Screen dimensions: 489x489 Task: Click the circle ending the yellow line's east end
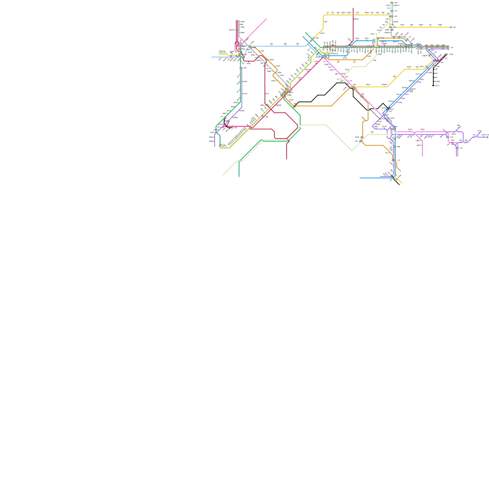click(451, 27)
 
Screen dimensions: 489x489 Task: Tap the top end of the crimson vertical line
click(353, 8)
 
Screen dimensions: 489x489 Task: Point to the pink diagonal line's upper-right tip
click(266, 19)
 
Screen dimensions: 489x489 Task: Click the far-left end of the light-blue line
click(212, 57)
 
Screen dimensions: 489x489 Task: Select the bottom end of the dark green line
click(239, 177)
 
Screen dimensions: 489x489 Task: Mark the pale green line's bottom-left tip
click(222, 175)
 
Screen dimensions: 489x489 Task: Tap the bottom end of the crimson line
click(286, 159)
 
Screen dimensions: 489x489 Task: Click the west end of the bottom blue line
click(360, 178)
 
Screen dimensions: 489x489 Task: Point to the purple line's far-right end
click(488, 137)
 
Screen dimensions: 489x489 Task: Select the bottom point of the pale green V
click(352, 151)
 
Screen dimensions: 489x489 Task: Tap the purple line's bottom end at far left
click(215, 147)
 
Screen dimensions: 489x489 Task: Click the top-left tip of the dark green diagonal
click(305, 32)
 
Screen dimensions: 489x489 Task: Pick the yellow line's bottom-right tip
click(402, 183)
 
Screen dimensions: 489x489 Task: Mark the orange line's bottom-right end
click(401, 171)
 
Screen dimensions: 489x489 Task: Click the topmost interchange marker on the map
click(392, 3)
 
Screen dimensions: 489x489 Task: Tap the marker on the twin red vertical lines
click(237, 30)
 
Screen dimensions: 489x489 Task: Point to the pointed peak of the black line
click(383, 103)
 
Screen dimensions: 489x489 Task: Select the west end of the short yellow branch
click(219, 54)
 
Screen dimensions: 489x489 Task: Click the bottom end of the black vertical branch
click(433, 86)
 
